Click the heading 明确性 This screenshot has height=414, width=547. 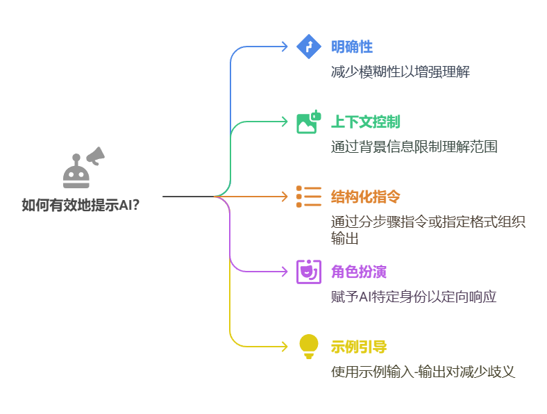(x=352, y=47)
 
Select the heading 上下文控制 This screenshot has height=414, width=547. (x=365, y=122)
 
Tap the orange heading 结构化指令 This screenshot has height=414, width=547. (x=365, y=197)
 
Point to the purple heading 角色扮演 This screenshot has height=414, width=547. (x=359, y=272)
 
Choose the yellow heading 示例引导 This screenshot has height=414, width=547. (x=359, y=346)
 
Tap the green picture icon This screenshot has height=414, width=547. (x=308, y=122)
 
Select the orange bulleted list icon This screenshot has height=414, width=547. (x=308, y=197)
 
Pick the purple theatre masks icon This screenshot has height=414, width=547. (x=308, y=272)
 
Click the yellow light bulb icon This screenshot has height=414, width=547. (x=308, y=346)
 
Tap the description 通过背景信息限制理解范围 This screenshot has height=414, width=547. (x=414, y=147)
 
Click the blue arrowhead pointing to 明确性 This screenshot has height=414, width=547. (x=284, y=47)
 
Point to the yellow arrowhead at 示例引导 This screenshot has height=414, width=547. (x=284, y=346)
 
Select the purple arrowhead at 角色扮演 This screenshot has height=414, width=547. (x=284, y=272)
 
